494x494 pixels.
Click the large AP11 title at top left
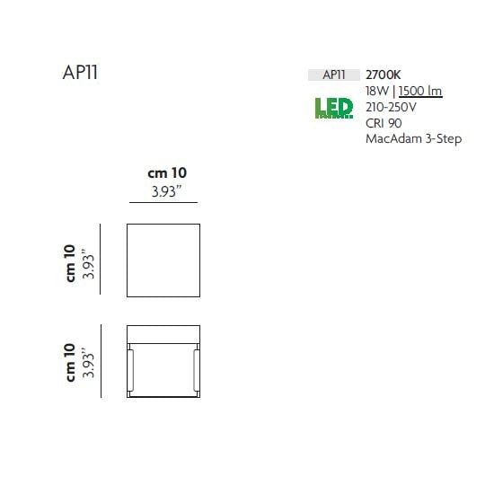click(80, 73)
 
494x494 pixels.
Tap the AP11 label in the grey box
click(334, 75)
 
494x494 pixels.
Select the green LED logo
click(334, 108)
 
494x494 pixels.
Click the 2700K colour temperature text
click(384, 75)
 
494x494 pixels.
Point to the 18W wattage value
click(377, 91)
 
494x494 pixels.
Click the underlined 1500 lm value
click(420, 91)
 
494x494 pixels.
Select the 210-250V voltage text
click(391, 107)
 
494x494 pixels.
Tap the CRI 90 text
click(384, 123)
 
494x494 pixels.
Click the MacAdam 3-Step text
click(414, 139)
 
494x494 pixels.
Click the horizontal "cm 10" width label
click(167, 173)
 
